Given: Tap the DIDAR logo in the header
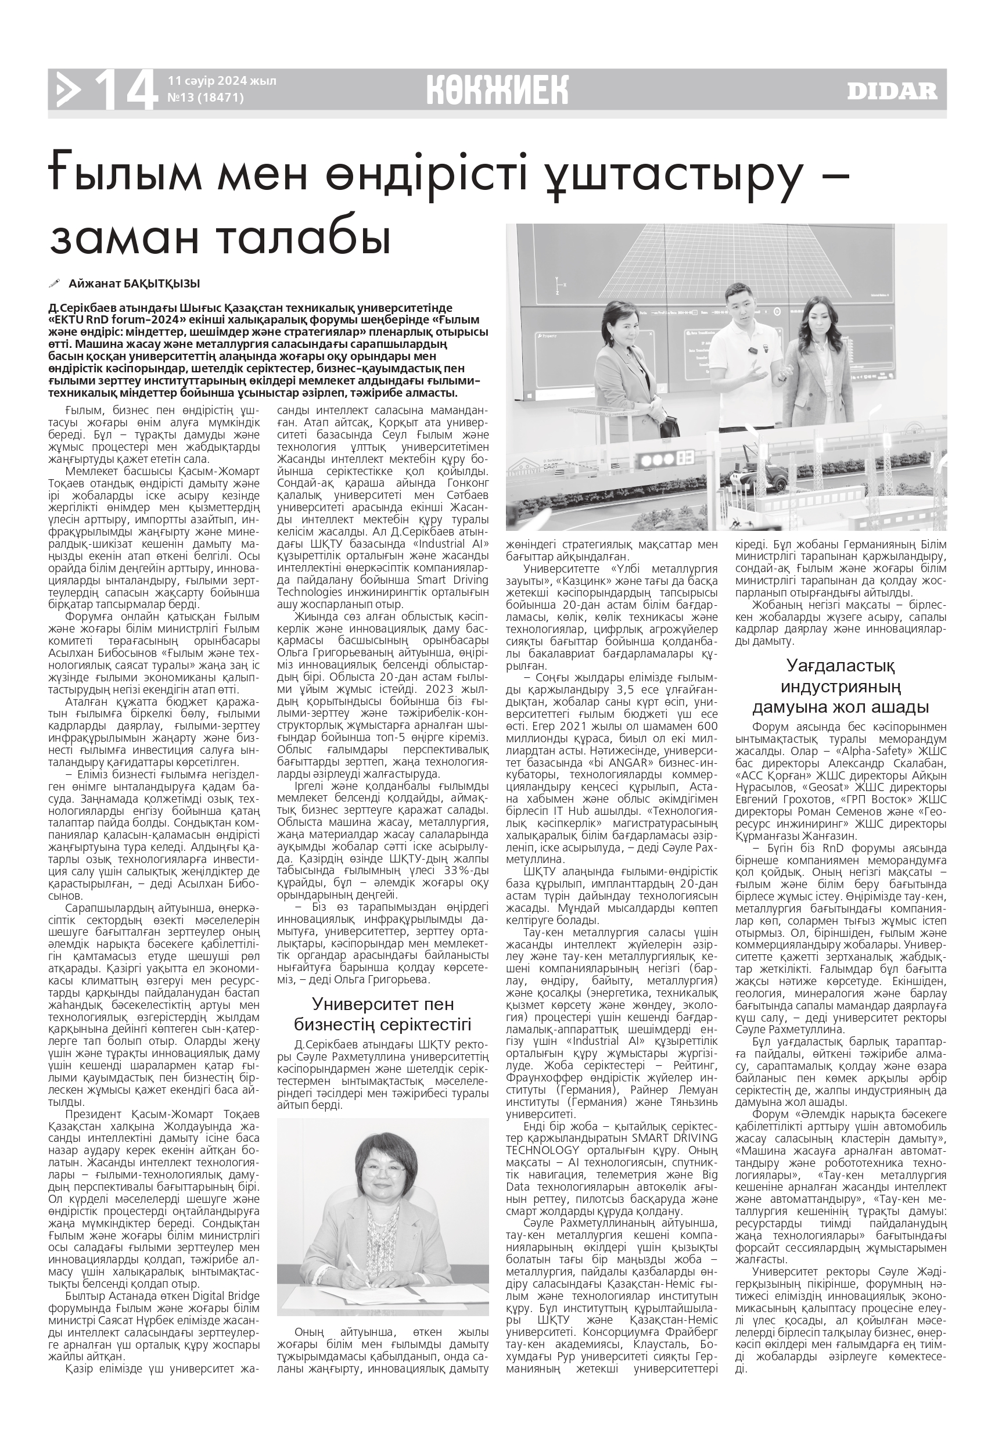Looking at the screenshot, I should coord(892,92).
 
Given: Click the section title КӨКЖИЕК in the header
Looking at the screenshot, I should coord(497,91).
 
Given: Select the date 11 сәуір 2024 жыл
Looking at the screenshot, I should coord(222,81).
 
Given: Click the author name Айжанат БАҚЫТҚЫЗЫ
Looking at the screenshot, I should coord(134,283).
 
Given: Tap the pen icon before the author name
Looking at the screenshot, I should coord(55,283).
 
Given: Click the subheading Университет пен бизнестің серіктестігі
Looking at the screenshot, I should coord(382,1014).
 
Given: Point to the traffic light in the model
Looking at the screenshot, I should coord(655,461).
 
